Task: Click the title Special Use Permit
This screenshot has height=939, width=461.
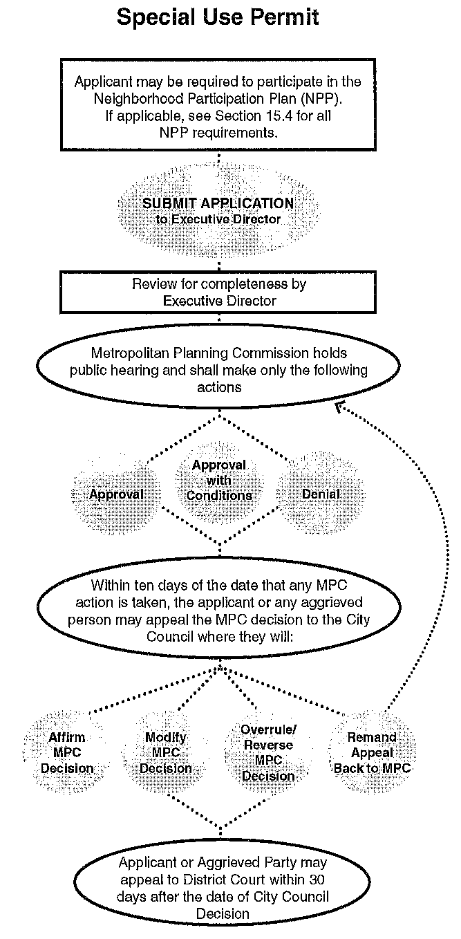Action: (218, 17)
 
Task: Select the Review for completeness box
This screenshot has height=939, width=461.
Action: (218, 292)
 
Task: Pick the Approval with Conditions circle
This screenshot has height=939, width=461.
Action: (218, 480)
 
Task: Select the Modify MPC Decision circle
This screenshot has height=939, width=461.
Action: (166, 752)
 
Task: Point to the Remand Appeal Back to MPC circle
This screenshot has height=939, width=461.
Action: (372, 752)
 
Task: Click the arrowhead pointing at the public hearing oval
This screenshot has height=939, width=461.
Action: (340, 407)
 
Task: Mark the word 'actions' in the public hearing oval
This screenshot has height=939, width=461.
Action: (219, 387)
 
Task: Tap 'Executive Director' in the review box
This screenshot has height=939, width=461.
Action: (219, 300)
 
